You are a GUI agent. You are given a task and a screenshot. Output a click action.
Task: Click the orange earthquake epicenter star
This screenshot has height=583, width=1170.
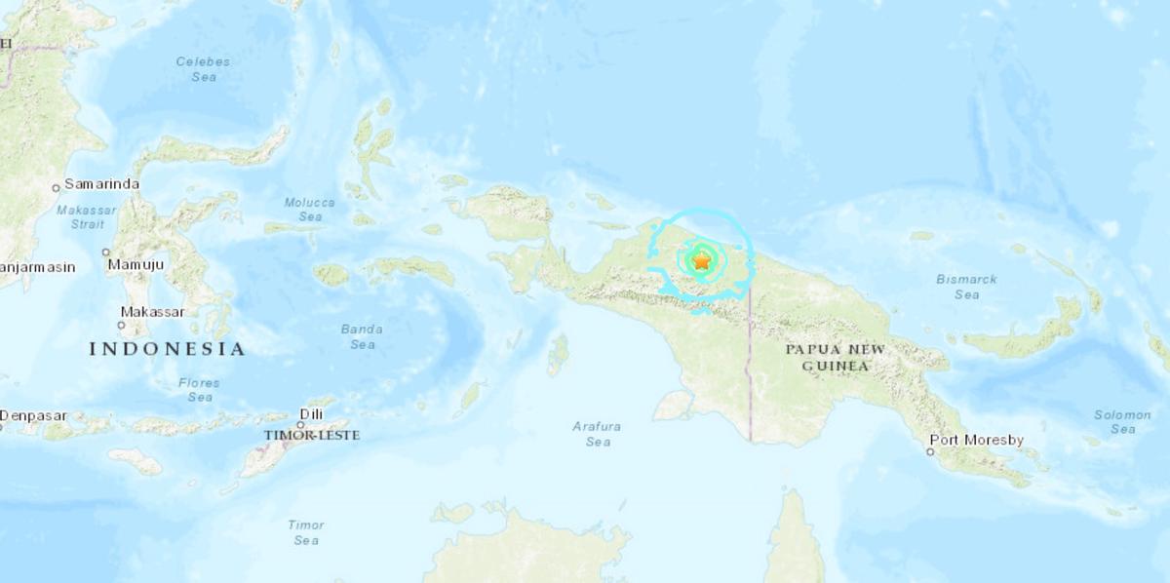pyautogui.click(x=701, y=260)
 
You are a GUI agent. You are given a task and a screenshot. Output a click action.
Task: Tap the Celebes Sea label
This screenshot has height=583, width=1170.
pyautogui.click(x=203, y=68)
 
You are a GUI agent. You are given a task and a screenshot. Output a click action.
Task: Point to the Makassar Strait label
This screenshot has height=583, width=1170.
pyautogui.click(x=87, y=216)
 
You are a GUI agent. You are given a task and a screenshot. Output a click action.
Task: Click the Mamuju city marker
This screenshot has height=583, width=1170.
pyautogui.click(x=106, y=252)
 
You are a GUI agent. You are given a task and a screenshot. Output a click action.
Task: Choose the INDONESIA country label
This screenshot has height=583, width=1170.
pyautogui.click(x=167, y=348)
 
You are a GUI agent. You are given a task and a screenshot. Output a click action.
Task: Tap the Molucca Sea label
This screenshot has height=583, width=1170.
pyautogui.click(x=309, y=210)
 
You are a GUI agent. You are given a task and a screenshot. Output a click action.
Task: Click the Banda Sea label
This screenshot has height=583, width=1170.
pyautogui.click(x=362, y=336)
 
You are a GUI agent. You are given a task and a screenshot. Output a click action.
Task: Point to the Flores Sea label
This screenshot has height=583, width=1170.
pyautogui.click(x=199, y=390)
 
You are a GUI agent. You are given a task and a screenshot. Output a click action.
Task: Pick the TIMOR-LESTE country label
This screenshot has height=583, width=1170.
pyautogui.click(x=311, y=435)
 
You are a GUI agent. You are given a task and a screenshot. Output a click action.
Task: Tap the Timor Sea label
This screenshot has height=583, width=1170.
pyautogui.click(x=305, y=532)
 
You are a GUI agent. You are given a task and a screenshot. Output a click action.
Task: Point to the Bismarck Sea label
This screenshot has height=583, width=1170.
pyautogui.click(x=966, y=287)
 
